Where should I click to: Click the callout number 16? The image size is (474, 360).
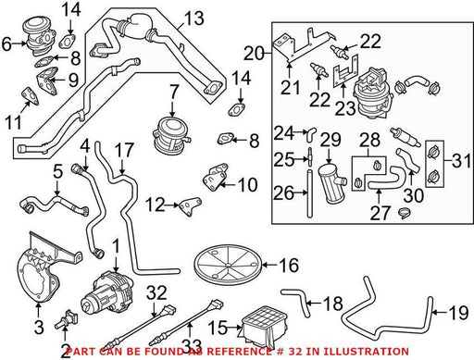pos(289,266)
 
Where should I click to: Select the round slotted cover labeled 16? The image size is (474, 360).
pos(228,265)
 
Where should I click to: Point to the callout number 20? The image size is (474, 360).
pos(254,54)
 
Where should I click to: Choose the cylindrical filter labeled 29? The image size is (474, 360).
pos(331,182)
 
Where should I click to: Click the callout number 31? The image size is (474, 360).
pos(462,160)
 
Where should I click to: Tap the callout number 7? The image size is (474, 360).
pos(174,93)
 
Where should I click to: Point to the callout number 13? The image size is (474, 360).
pos(193,19)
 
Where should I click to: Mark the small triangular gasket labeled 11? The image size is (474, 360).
pos(30,95)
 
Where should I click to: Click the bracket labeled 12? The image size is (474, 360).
pos(191,206)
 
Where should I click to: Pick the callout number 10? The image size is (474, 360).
pos(248,185)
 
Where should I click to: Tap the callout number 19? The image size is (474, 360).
pos(459,313)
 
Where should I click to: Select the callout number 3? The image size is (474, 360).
pos(39,328)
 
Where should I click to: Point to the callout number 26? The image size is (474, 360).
pos(283,193)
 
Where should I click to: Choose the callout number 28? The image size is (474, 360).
pos(369,140)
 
